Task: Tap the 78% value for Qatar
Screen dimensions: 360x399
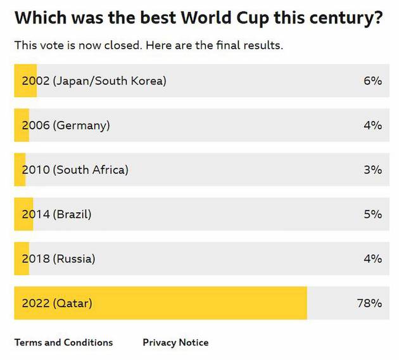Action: [369, 303]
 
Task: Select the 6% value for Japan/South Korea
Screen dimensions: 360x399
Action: [372, 81]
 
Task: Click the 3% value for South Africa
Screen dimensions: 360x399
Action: [372, 170]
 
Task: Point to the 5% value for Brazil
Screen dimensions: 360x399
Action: [372, 214]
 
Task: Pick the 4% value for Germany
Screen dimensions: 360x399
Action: [372, 125]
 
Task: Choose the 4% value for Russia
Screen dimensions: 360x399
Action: [372, 259]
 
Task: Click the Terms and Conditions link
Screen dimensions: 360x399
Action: [63, 342]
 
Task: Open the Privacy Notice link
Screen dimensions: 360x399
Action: [175, 342]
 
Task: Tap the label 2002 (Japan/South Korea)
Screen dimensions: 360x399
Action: [94, 81]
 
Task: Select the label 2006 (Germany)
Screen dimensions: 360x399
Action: [66, 125]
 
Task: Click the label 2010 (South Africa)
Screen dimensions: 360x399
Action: [75, 170]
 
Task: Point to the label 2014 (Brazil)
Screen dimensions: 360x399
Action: [57, 214]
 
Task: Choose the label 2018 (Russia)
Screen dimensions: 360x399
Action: [58, 259]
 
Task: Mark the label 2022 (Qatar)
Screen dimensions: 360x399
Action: [57, 303]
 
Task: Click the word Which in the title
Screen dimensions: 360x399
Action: [37, 17]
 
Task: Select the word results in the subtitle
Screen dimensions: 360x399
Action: [264, 46]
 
